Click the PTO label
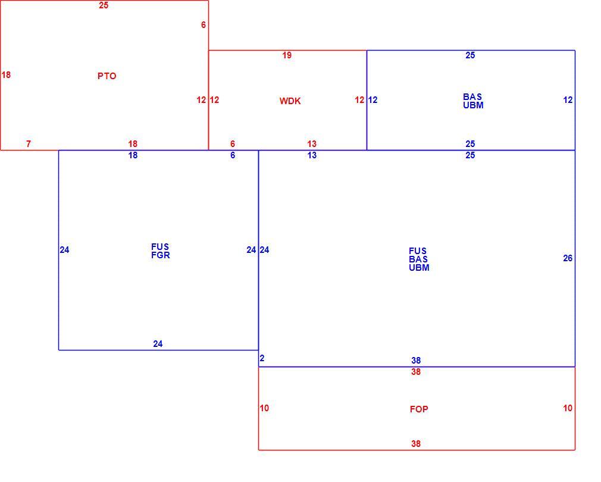(x=107, y=76)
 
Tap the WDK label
(x=290, y=101)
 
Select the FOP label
(x=419, y=409)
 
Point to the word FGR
(x=161, y=255)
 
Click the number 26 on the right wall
(x=568, y=258)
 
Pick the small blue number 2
(x=262, y=358)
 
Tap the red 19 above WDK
(x=287, y=55)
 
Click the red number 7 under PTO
(x=29, y=144)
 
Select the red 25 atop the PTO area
(x=104, y=5)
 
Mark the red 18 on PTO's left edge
(x=6, y=75)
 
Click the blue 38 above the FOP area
(x=416, y=361)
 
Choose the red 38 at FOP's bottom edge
(x=416, y=444)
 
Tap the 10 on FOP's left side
(x=264, y=408)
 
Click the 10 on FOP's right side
(x=568, y=408)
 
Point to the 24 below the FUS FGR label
(x=158, y=344)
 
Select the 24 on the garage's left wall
(x=64, y=250)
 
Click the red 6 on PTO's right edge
(x=204, y=25)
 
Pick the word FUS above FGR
(x=160, y=247)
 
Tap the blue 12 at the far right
(x=568, y=100)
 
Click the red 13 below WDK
(x=312, y=144)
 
